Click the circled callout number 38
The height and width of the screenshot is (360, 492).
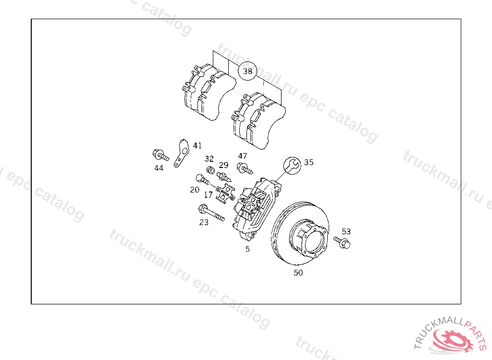pos(247,71)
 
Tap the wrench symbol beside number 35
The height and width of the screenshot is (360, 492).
pos(292,166)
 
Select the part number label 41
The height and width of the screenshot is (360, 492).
pos(197,145)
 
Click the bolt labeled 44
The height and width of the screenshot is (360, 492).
pos(160,155)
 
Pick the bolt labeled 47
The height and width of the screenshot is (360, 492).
pos(245,168)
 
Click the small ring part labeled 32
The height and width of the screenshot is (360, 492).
pos(211,170)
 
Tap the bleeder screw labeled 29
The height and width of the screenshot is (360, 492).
pos(224,177)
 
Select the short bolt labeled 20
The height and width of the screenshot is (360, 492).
pos(202,180)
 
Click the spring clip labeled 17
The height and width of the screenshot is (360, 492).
pos(226,193)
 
